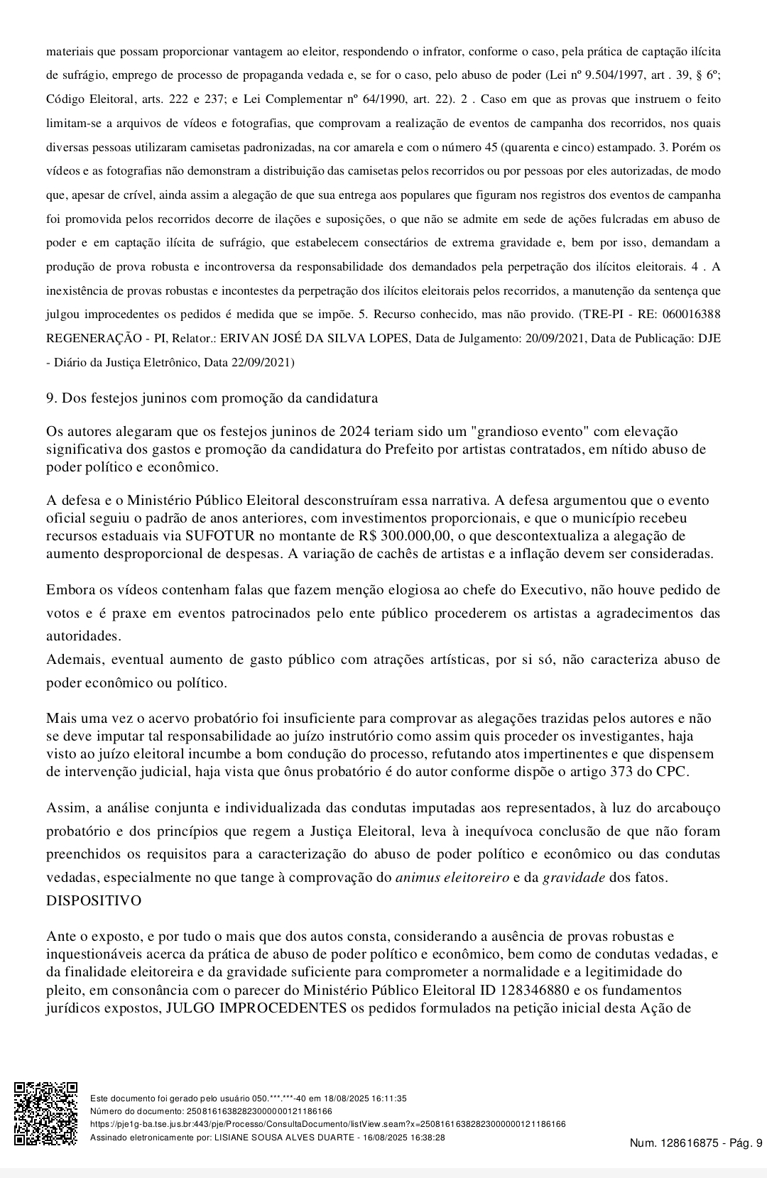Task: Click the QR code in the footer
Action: point(46,1113)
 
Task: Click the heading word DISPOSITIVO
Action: point(94,900)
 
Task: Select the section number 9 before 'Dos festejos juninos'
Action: point(51,398)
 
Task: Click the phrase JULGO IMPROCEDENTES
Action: point(256,1008)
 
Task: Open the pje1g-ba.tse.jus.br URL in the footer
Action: point(327,1124)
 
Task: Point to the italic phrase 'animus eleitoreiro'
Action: point(452,877)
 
